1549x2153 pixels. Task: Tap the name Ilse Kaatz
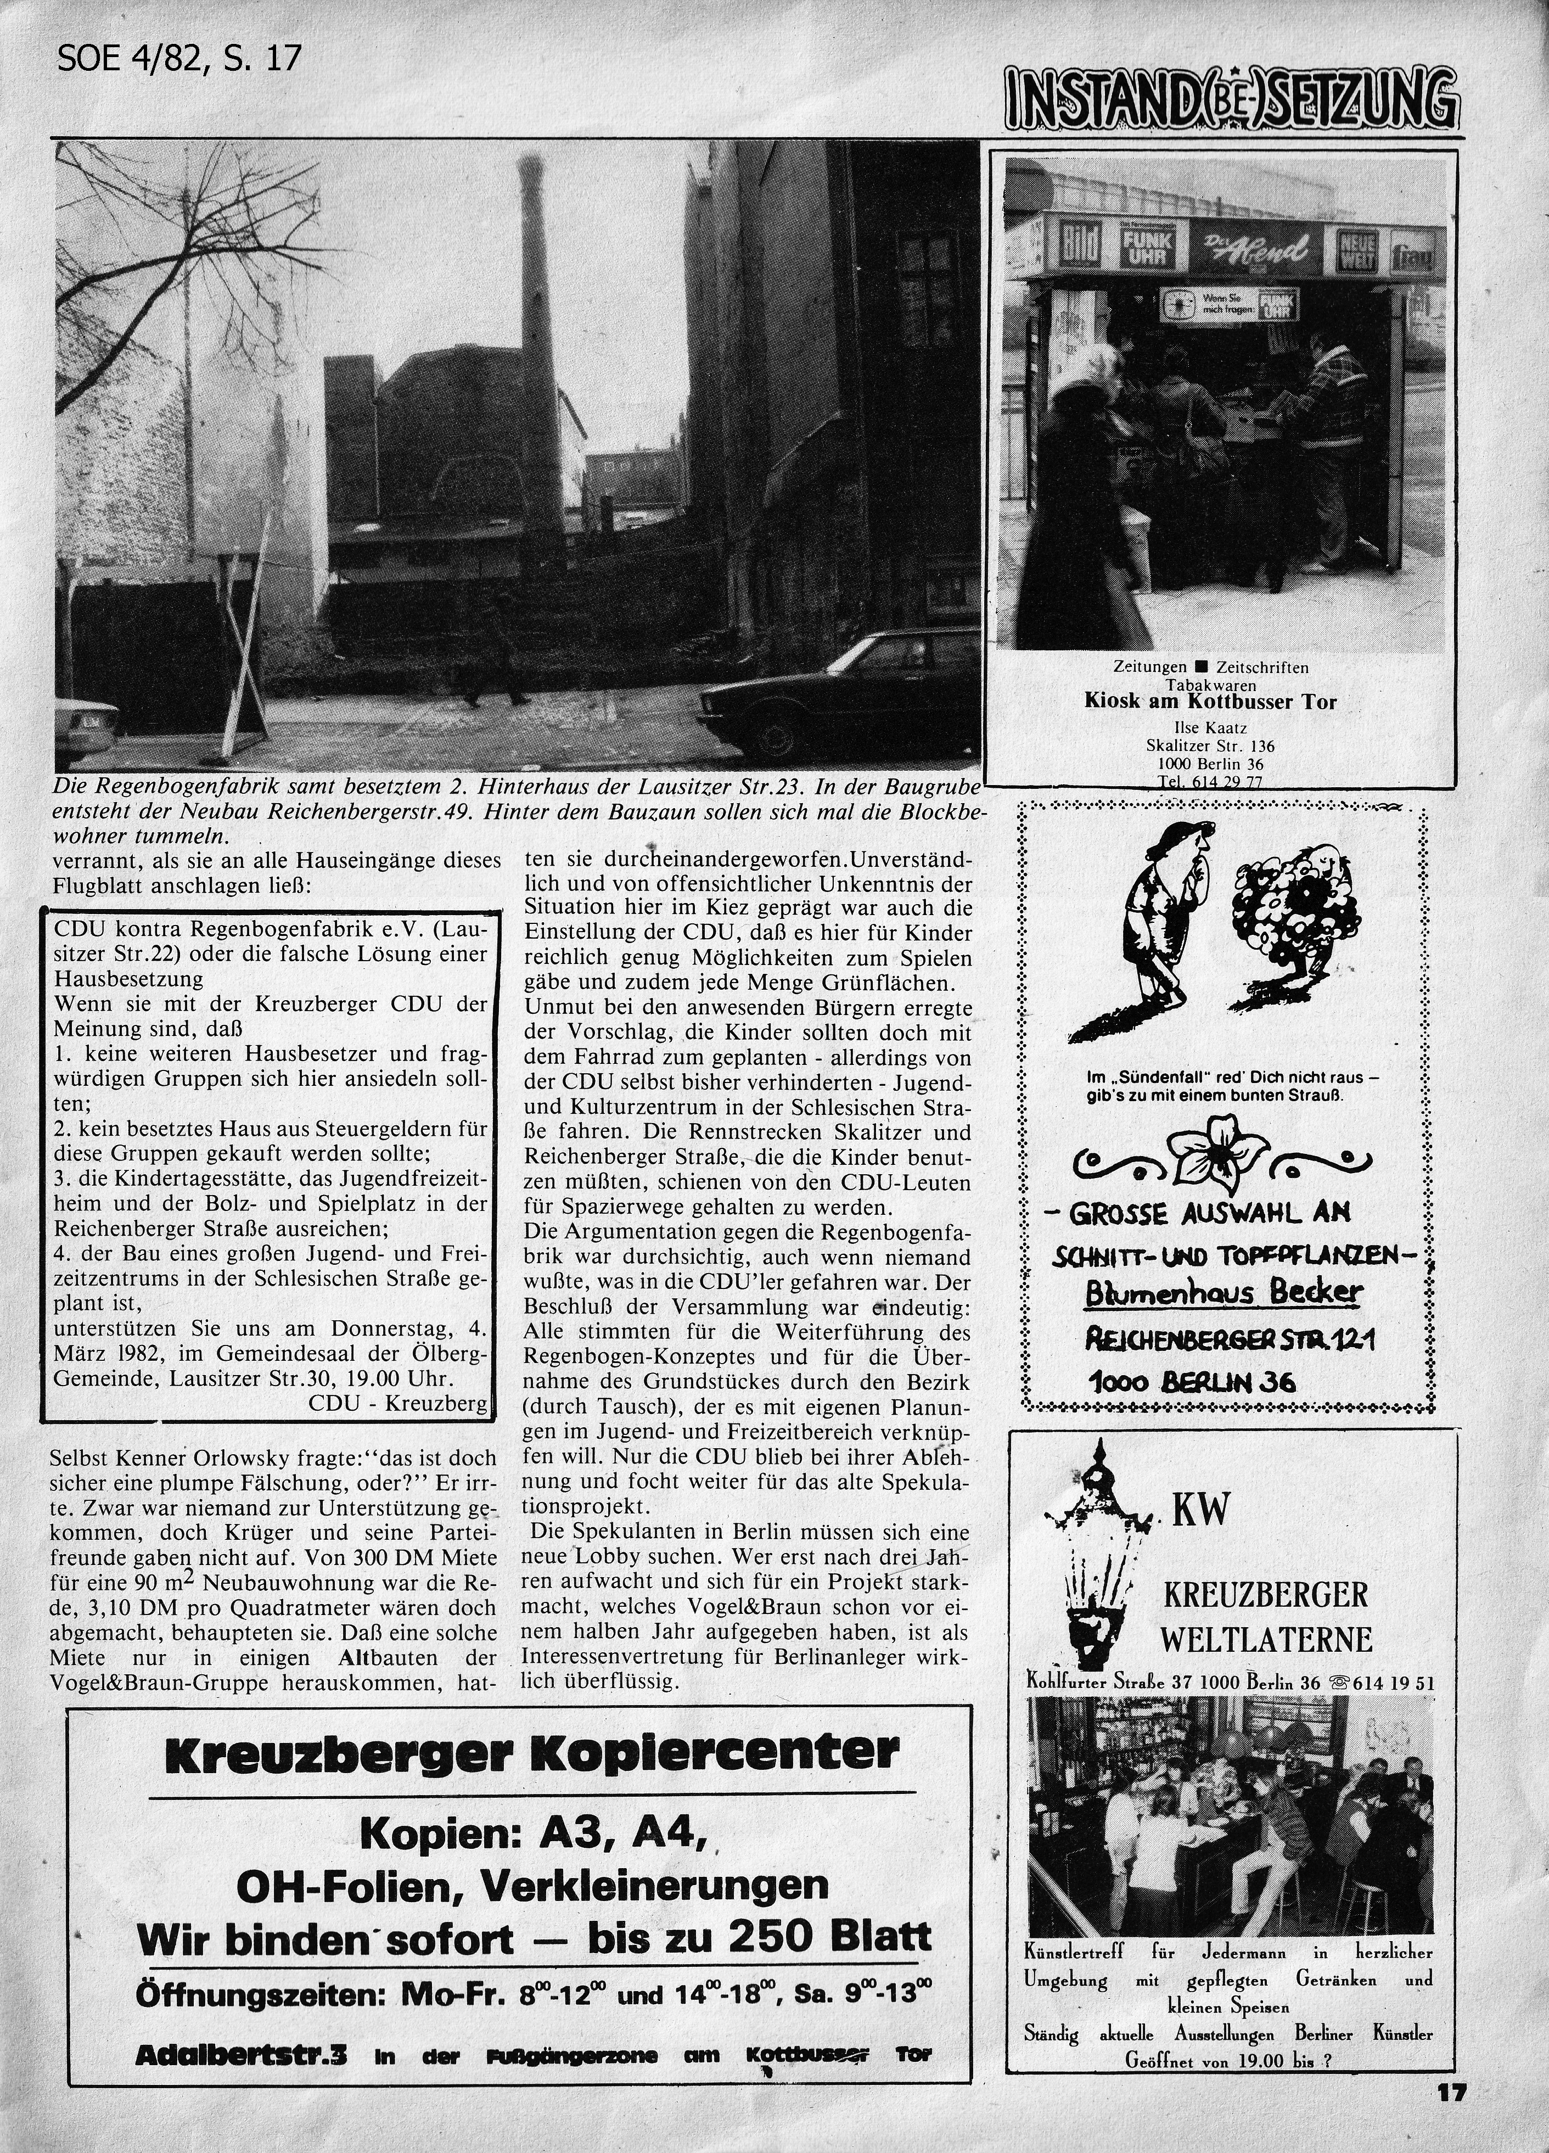tap(1210, 728)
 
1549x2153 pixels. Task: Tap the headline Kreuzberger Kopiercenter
tap(531, 1753)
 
